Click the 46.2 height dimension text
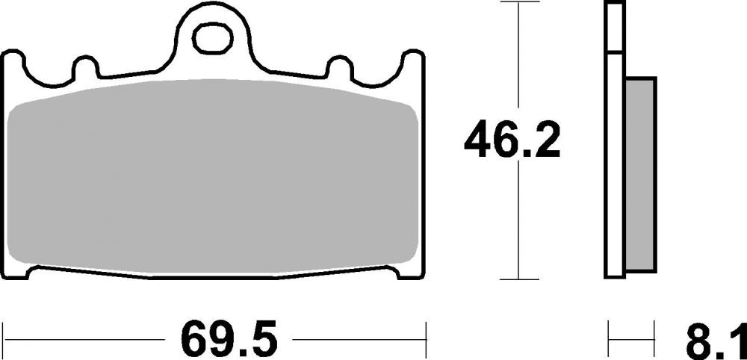512,141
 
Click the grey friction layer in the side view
641,176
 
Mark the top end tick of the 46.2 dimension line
518,3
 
